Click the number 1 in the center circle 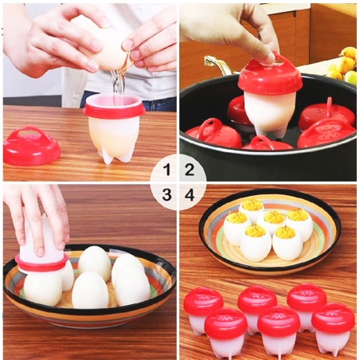pyautogui.click(x=167, y=169)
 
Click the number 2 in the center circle pyautogui.click(x=190, y=169)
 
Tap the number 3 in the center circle pyautogui.click(x=167, y=194)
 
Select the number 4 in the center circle pyautogui.click(x=190, y=194)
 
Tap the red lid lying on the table pyautogui.click(x=30, y=147)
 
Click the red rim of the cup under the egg pyautogui.click(x=114, y=108)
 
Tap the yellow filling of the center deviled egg pyautogui.click(x=273, y=217)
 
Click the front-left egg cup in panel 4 pyautogui.click(x=226, y=331)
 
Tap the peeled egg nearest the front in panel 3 pyautogui.click(x=89, y=290)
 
